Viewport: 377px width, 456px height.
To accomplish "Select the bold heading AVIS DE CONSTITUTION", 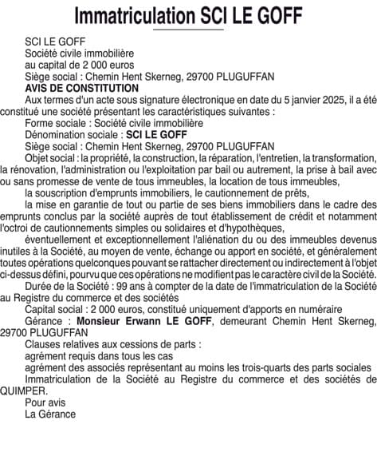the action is coord(82,88).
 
